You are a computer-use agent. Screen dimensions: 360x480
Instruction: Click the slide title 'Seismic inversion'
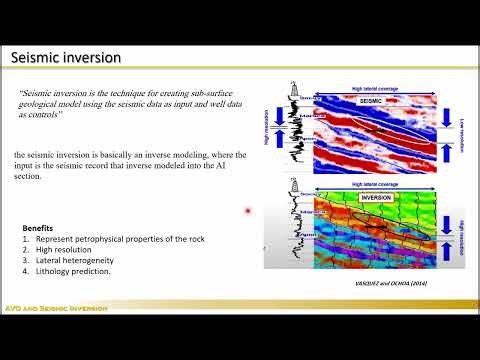coord(65,58)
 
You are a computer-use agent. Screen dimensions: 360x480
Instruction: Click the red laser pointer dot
coord(247,211)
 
